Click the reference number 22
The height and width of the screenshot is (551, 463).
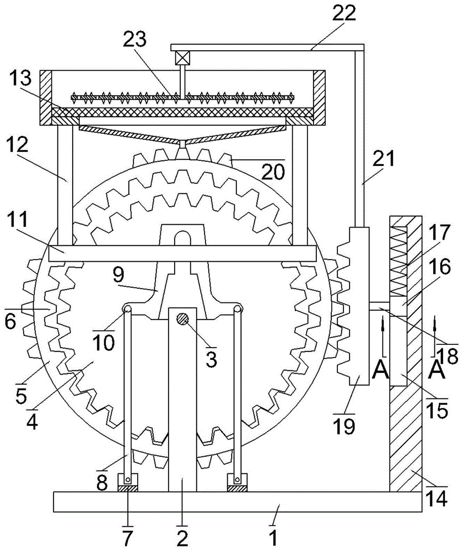343,13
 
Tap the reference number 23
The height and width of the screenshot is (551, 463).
134,39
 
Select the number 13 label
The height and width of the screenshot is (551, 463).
20,78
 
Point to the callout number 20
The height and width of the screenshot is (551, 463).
273,172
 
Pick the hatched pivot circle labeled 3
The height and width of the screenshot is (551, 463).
183,319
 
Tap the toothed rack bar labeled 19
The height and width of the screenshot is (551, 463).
353,306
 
